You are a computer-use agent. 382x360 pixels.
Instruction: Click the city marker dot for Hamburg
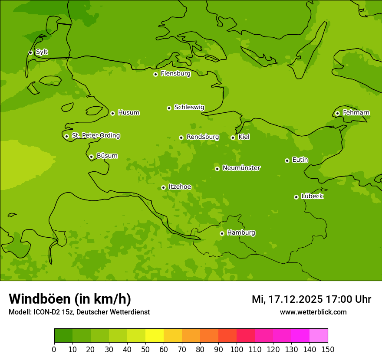coord(222,233)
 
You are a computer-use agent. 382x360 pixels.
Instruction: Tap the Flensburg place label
coord(175,74)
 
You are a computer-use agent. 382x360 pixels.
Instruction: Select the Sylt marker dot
coord(30,52)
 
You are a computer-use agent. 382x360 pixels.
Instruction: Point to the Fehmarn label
coord(356,113)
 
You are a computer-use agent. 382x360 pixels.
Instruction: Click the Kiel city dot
coord(233,137)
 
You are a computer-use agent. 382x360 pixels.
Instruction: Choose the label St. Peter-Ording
coord(95,136)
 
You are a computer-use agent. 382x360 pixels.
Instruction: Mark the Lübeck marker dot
coord(296,197)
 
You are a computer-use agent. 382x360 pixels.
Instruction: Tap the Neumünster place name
coord(241,168)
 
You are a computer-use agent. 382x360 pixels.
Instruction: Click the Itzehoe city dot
coord(163,187)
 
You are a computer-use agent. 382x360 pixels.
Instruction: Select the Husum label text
coord(128,113)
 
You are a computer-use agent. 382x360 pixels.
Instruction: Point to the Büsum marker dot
coord(91,157)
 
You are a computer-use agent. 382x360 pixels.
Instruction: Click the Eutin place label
coord(300,160)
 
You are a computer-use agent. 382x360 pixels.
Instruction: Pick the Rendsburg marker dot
coord(181,137)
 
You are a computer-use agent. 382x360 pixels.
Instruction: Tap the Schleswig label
coord(189,107)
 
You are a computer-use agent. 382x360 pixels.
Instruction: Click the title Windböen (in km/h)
coord(70,299)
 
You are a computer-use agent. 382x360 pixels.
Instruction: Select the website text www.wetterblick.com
coord(313,312)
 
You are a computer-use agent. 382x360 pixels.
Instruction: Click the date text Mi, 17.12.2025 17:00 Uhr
coord(311,299)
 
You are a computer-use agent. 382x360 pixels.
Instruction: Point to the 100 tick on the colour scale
coord(237,349)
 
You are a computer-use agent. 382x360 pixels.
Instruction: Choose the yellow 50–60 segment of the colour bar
coord(155,336)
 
